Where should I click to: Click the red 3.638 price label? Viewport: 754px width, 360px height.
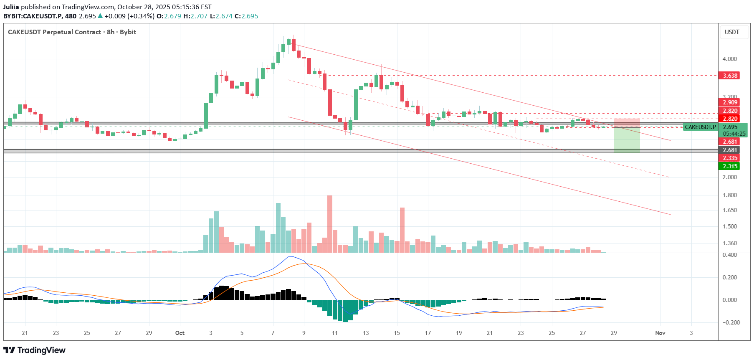click(x=729, y=76)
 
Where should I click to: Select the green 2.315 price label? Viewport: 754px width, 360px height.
click(x=729, y=166)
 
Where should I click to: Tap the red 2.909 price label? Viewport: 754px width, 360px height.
click(x=729, y=102)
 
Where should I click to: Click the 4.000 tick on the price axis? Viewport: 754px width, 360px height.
click(x=729, y=59)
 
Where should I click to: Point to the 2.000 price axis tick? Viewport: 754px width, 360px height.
click(x=729, y=177)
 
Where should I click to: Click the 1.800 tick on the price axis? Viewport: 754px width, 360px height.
click(x=729, y=195)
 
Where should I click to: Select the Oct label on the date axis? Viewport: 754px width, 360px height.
click(x=180, y=333)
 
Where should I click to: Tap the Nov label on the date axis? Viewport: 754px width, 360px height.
click(x=660, y=333)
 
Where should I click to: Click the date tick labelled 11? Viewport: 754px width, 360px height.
click(x=335, y=333)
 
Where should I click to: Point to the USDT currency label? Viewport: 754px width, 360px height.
click(x=732, y=32)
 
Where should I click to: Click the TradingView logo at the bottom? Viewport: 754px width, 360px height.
click(x=35, y=350)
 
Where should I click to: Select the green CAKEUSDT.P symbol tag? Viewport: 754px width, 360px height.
click(x=700, y=127)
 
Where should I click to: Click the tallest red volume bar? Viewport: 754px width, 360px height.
click(x=330, y=224)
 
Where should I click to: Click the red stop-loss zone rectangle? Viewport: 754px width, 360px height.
click(x=627, y=123)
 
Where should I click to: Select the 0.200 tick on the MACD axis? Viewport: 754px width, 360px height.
click(x=729, y=277)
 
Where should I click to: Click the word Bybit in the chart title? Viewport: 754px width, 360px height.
click(x=128, y=32)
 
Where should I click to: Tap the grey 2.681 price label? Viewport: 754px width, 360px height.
click(x=729, y=150)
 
